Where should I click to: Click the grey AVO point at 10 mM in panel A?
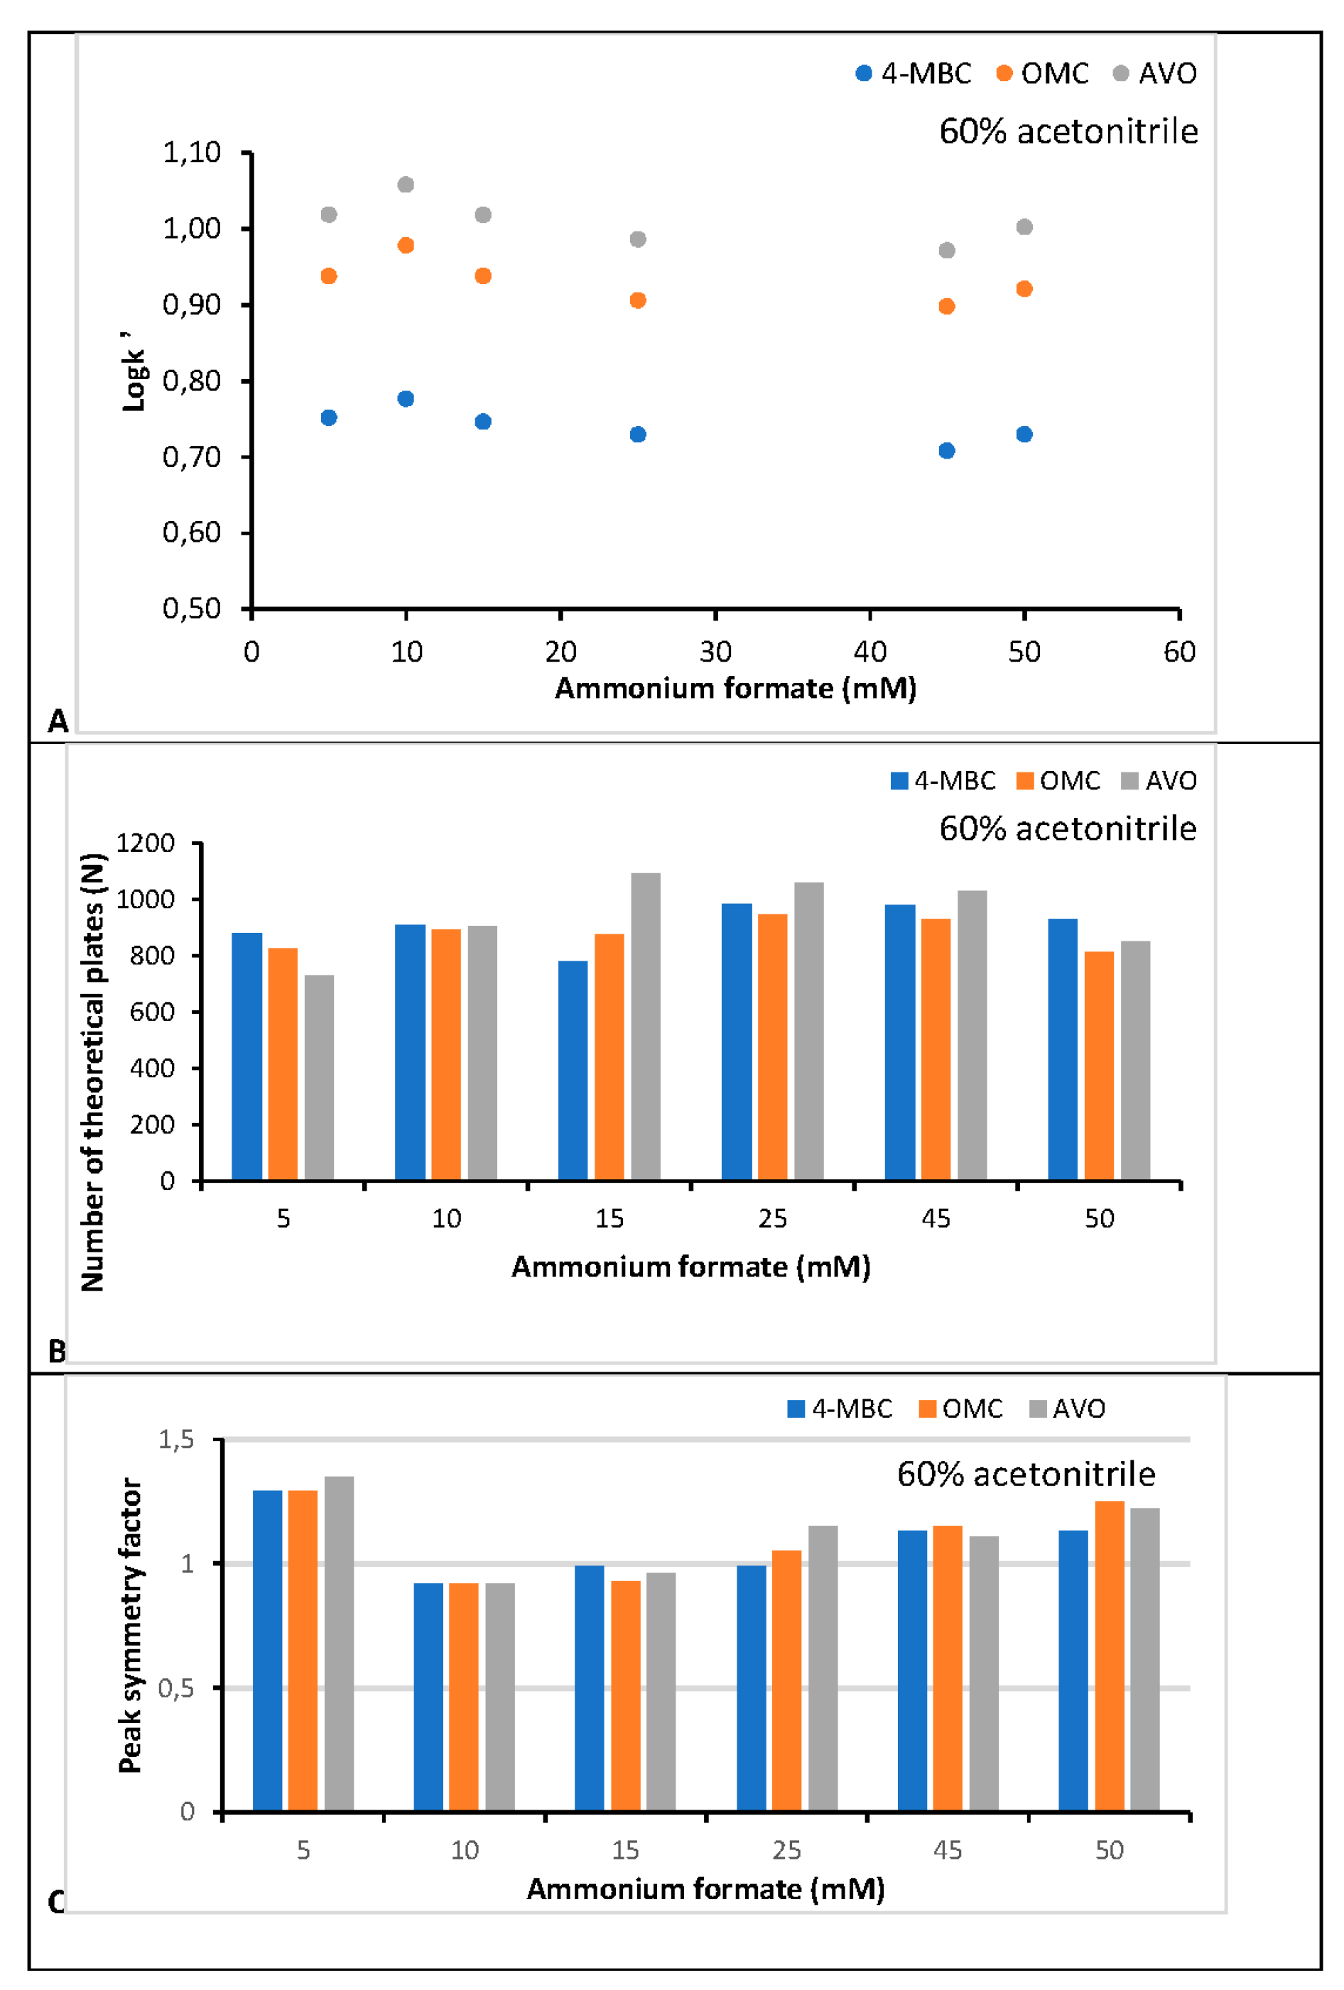click(406, 185)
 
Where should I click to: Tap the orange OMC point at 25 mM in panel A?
click(637, 300)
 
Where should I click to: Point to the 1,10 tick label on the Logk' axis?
click(192, 153)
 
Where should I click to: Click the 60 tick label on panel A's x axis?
click(1178, 652)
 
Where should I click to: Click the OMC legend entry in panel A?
click(1043, 74)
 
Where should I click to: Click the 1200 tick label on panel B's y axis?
click(146, 843)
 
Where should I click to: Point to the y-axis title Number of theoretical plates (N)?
click(92, 1071)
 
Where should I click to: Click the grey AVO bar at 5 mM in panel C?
click(340, 1644)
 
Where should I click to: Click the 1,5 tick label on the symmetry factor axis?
click(175, 1439)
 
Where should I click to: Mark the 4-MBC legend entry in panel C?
click(840, 1409)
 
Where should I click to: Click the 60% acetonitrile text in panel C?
click(1025, 1474)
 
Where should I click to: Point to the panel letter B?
click(57, 1351)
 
